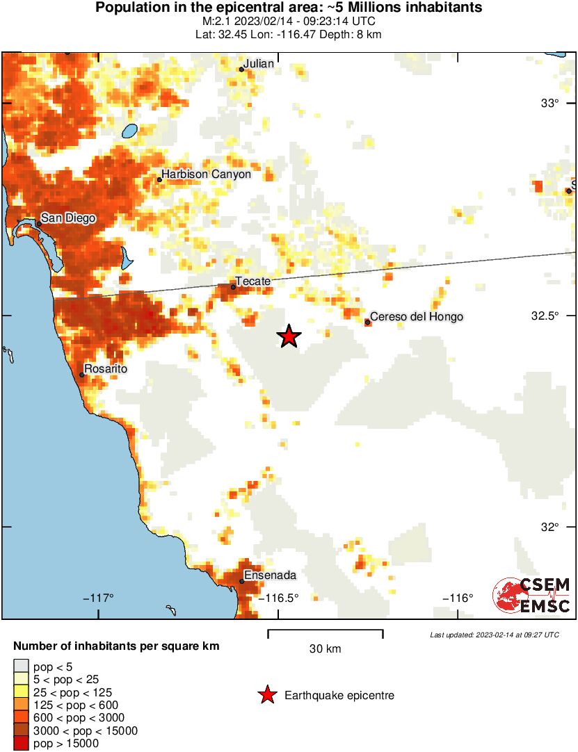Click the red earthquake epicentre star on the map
tap(289, 336)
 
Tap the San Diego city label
tap(67, 218)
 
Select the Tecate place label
tap(253, 281)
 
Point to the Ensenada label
tap(271, 575)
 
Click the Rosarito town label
tap(106, 369)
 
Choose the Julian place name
tap(260, 64)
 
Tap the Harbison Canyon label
tap(206, 174)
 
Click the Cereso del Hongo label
tap(417, 317)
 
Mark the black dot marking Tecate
tap(234, 286)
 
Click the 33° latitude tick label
tap(551, 104)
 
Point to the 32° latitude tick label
tap(551, 528)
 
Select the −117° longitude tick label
tap(98, 598)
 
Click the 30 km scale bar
tap(325, 632)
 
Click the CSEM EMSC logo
tap(531, 596)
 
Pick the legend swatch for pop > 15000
tap(22, 743)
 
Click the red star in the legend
tap(266, 695)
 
